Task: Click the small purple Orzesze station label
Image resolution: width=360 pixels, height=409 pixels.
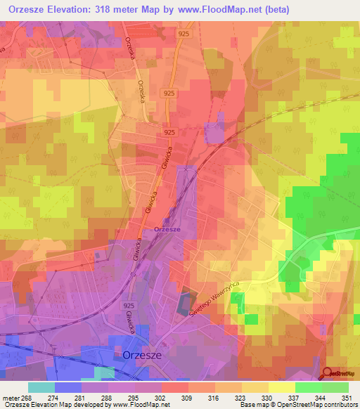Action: pos(167,230)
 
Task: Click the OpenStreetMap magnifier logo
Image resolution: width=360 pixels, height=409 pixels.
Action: pos(328,373)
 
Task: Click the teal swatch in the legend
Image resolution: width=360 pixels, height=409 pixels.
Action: pos(41,387)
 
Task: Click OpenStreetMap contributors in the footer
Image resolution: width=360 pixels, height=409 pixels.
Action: pos(316,405)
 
